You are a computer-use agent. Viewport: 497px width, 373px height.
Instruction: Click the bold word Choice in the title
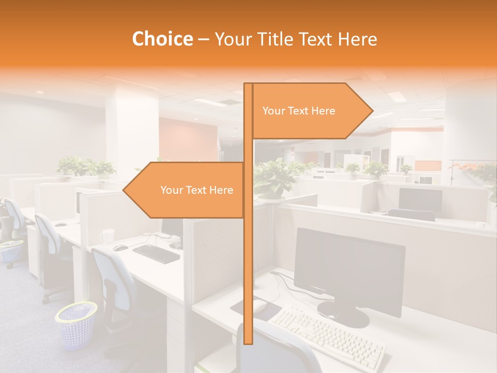click(x=162, y=39)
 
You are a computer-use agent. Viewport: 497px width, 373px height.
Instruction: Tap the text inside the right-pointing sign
click(x=299, y=111)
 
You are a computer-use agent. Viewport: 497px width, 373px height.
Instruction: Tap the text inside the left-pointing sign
click(x=197, y=190)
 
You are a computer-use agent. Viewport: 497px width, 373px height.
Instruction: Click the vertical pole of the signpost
click(x=248, y=259)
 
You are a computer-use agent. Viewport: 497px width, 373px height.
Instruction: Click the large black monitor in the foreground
click(x=349, y=272)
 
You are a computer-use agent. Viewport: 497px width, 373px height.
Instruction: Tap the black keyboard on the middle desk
click(x=156, y=253)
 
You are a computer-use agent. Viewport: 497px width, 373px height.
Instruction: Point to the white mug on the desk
click(x=108, y=236)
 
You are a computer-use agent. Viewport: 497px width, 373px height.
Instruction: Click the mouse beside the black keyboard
click(x=120, y=248)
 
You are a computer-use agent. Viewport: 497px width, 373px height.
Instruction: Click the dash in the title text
click(x=203, y=39)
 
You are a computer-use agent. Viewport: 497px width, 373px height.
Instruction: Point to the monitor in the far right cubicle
click(x=419, y=199)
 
